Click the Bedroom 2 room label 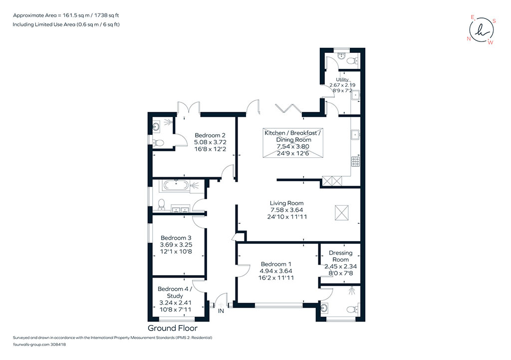coord(210,135)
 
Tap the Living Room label coord(286,203)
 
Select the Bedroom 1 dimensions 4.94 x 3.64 coord(275,271)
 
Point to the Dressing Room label coord(340,256)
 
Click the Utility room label coord(342,79)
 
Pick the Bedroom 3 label coord(176,238)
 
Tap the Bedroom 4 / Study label coord(175,293)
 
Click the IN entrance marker coord(221,311)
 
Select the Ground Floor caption coord(172,328)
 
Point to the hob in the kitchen coord(355,161)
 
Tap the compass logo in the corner coord(482,29)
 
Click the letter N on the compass coord(469,39)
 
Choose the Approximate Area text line coord(66,15)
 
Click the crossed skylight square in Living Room coord(341,213)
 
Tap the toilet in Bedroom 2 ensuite coord(158,142)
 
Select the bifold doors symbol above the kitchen coord(288,108)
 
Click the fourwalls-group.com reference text coord(39,345)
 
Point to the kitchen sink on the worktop coord(355,134)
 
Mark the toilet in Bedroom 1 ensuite coord(353,309)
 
